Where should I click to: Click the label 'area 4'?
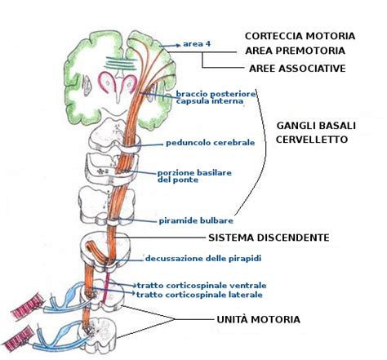tap(198, 43)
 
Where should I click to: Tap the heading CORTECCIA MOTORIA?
tap(300, 36)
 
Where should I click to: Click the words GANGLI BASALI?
tap(311, 125)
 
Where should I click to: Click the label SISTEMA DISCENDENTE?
tap(269, 238)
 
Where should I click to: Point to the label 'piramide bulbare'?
tap(197, 220)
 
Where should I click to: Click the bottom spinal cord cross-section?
tap(105, 331)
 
